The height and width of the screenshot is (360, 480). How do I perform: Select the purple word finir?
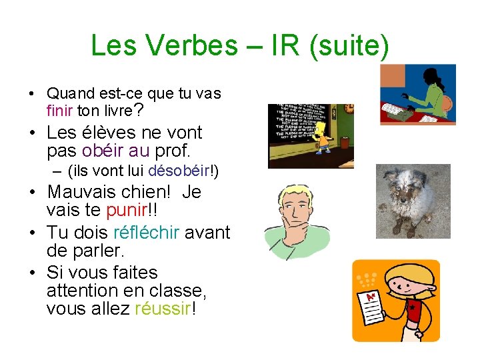click(x=60, y=110)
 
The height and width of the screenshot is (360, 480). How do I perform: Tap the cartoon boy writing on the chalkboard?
click(x=324, y=136)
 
